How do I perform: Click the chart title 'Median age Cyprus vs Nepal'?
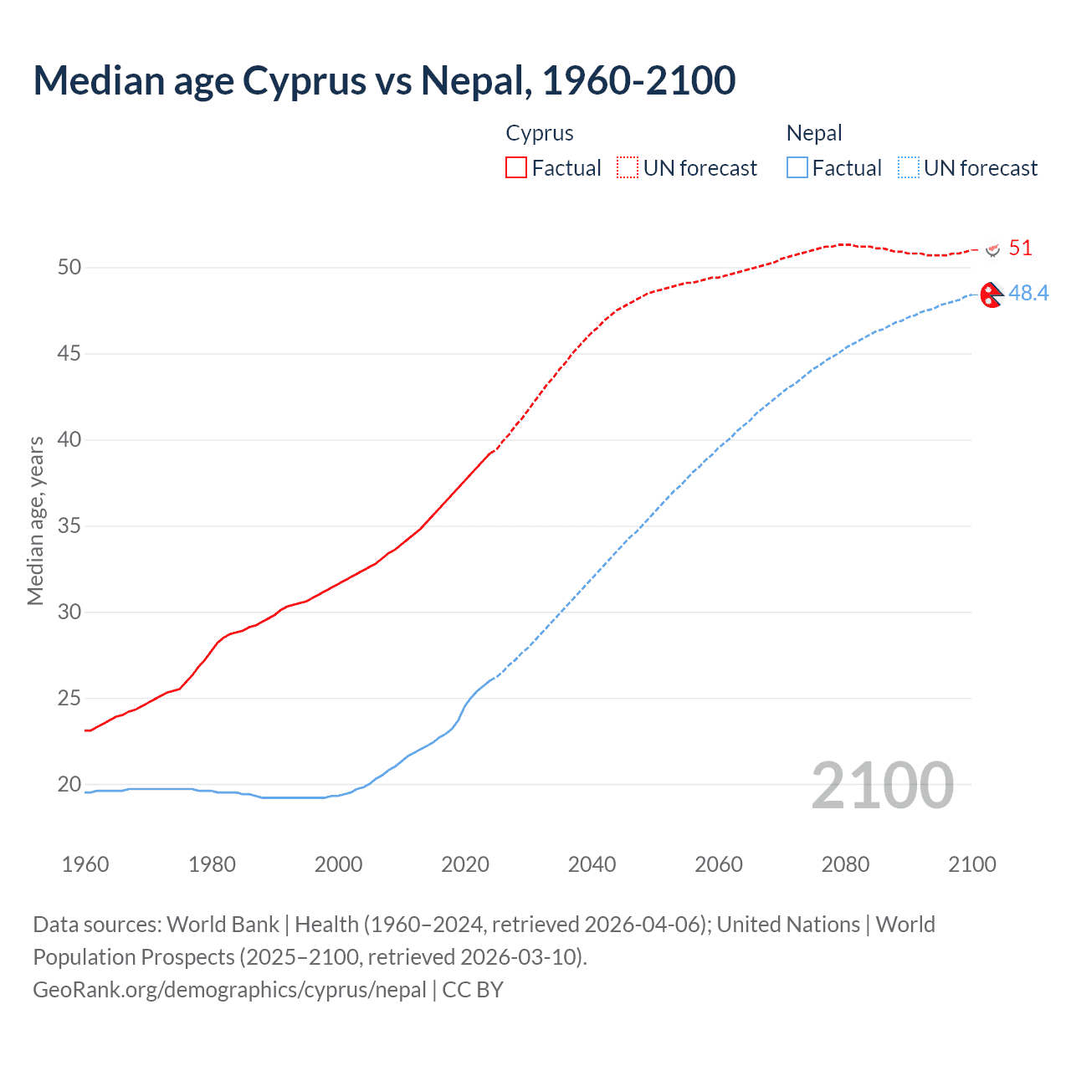coord(384,80)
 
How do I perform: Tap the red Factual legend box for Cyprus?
coord(516,168)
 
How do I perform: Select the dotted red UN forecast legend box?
coord(628,168)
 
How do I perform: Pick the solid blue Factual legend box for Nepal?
coord(797,168)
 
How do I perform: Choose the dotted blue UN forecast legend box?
coord(909,168)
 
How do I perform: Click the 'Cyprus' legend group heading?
coord(540,133)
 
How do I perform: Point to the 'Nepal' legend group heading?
coord(813,133)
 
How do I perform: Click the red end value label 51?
coord(1020,249)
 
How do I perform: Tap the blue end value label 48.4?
coord(1028,293)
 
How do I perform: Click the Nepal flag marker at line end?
coord(992,295)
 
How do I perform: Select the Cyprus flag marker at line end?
coord(993,249)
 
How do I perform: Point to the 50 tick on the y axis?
coord(69,268)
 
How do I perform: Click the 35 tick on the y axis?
coord(69,526)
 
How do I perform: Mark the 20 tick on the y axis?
coord(69,785)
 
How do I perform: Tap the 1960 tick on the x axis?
coord(85,864)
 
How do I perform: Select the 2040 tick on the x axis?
coord(592,864)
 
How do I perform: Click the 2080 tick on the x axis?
coord(845,864)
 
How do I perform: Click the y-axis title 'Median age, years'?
coord(35,520)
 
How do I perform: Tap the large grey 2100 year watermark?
coord(882,785)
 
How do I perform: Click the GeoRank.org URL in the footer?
coord(229,990)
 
